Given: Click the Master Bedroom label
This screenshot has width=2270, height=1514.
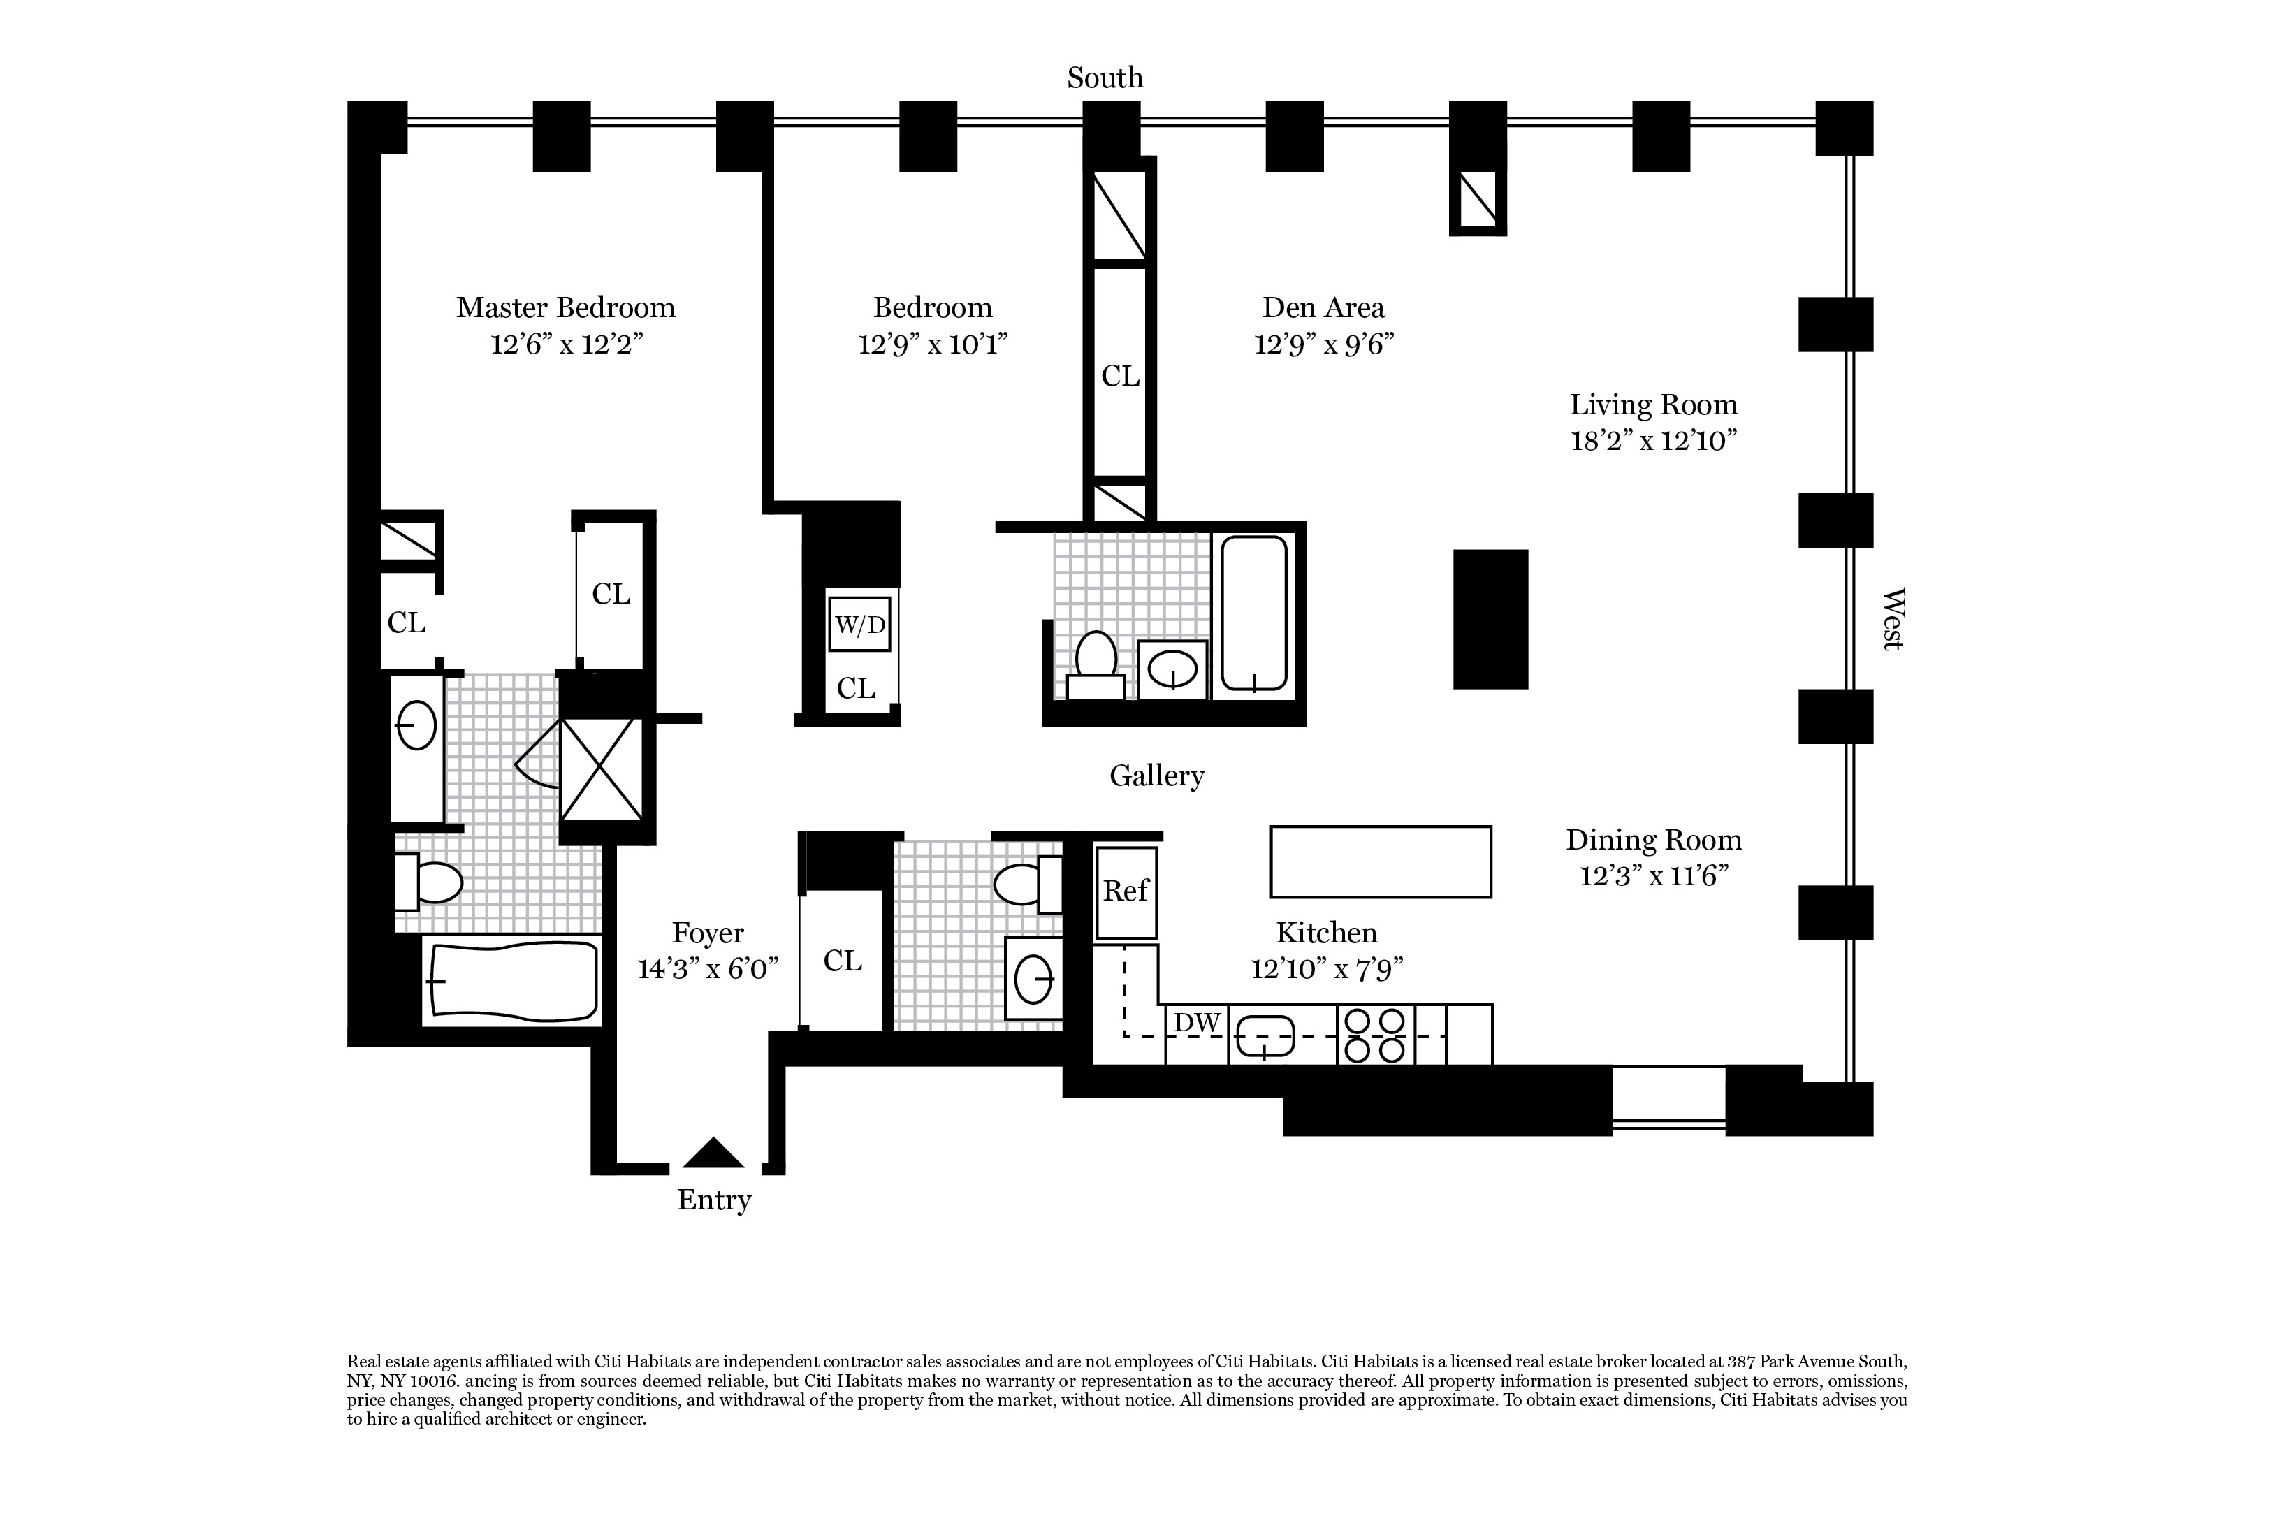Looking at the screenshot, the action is tap(566, 308).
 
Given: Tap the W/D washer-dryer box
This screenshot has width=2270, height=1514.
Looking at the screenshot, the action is tap(859, 624).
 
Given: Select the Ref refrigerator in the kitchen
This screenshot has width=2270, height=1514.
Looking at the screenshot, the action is tap(1126, 893).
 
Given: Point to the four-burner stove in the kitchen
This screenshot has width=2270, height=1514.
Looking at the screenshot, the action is tap(1376, 1035).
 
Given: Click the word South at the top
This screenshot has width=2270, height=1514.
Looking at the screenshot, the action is tap(1105, 78).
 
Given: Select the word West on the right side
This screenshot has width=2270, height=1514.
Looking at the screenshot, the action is tap(1893, 619).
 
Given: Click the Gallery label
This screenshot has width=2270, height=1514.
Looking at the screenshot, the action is tap(1157, 776).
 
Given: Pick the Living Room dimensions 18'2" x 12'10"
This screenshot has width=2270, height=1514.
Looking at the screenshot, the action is tap(1653, 442).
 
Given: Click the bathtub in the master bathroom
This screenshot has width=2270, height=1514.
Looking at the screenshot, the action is tap(511, 981).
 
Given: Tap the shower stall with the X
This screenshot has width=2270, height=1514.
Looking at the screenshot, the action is tap(602, 769).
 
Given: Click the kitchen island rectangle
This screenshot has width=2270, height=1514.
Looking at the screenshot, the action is tap(1381, 861).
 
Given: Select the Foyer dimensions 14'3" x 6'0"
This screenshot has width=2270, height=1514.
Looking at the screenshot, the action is tap(708, 968).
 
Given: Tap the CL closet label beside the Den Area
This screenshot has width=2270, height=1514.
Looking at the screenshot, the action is tap(1120, 376).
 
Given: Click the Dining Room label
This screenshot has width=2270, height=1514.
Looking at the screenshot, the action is tap(1653, 840).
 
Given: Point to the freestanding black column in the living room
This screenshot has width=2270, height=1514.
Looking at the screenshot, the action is tap(1491, 619).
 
